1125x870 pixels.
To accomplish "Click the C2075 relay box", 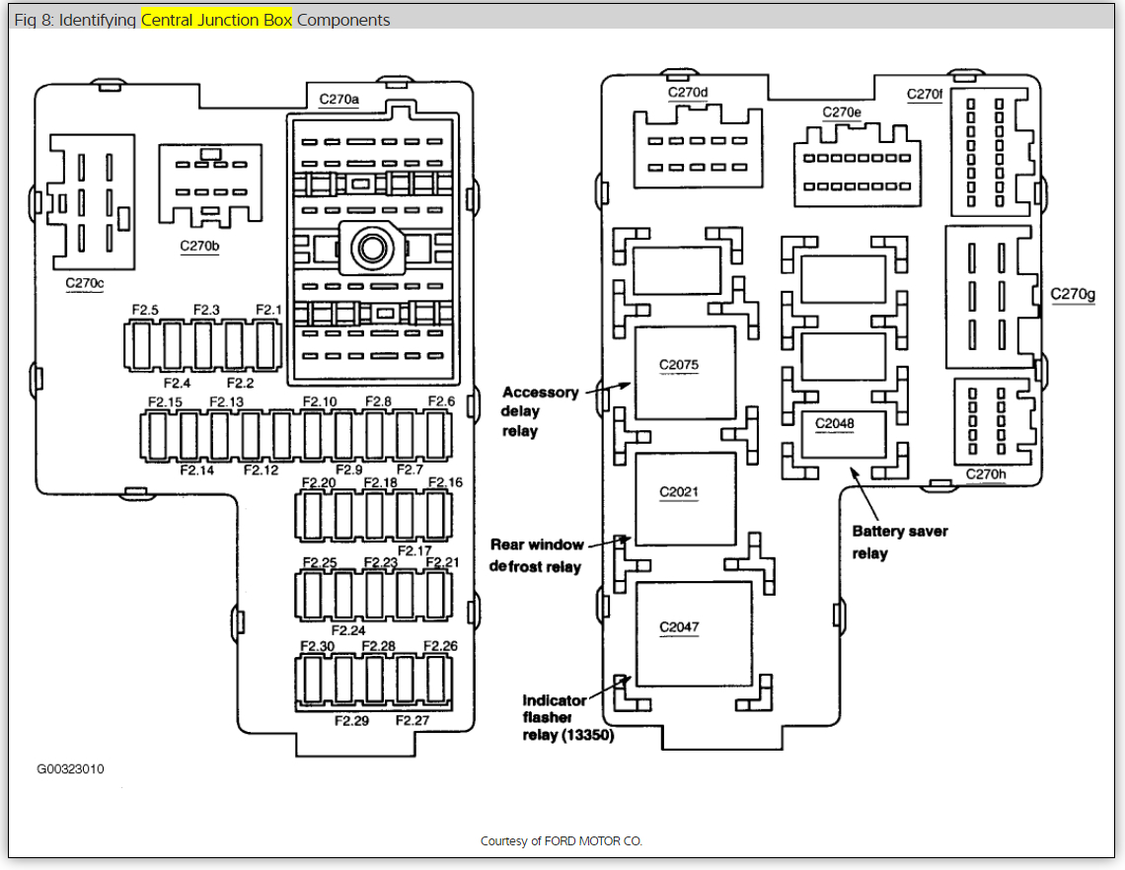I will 684,373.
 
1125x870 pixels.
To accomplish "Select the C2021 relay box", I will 684,498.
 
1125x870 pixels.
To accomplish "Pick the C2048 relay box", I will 842,435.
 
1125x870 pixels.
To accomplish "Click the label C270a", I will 339,99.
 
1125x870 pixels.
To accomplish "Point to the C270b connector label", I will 199,246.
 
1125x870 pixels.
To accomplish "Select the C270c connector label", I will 85,283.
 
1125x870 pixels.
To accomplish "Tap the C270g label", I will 1072,294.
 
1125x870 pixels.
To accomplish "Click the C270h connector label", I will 985,474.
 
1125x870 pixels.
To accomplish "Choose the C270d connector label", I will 688,93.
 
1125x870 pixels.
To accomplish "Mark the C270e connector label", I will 842,112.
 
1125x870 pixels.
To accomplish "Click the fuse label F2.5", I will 145,310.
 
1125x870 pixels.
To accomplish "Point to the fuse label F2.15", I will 165,401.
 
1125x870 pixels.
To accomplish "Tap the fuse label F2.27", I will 412,720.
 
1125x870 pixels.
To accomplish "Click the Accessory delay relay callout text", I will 540,411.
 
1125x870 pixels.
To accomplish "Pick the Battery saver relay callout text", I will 899,542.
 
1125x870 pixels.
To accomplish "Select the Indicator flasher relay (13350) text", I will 567,717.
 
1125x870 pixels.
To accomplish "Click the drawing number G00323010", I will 71,768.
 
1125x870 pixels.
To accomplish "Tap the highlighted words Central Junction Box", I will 216,20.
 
